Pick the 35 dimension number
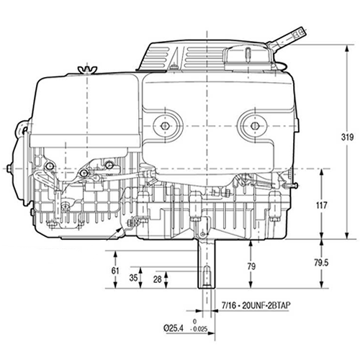coord(133,277)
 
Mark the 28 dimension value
coord(158,279)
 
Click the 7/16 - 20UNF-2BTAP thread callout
coord(257,305)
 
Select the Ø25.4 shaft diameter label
coord(176,328)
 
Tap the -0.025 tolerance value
coord(205,330)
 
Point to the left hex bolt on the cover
coord(166,125)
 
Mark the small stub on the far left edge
coord(9,168)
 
